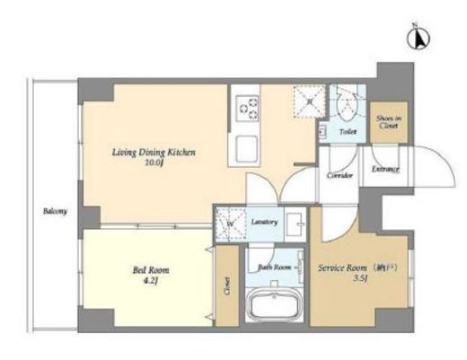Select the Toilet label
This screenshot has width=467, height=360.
click(x=348, y=131)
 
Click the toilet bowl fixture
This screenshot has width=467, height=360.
click(x=344, y=108)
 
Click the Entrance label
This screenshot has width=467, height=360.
click(x=387, y=169)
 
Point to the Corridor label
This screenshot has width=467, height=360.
click(x=339, y=175)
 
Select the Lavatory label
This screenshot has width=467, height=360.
click(x=264, y=221)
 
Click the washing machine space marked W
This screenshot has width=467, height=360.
click(x=230, y=225)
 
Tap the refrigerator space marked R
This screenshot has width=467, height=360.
click(x=308, y=102)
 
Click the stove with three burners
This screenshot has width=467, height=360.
click(x=246, y=110)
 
